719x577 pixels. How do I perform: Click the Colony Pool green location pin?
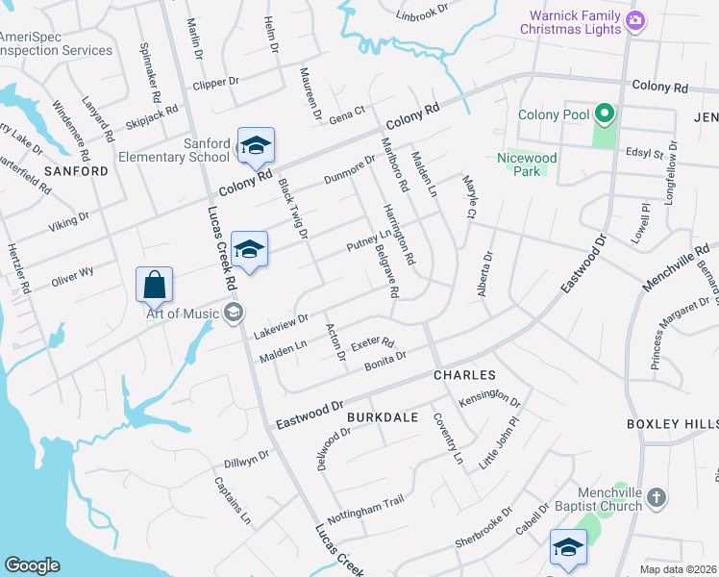click(605, 115)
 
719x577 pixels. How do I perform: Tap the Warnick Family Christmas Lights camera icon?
click(634, 20)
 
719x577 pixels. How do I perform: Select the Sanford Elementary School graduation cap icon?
click(257, 146)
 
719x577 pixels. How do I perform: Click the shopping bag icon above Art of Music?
click(154, 285)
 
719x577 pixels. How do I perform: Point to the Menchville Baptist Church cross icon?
click(657, 497)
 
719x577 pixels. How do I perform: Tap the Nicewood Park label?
click(527, 163)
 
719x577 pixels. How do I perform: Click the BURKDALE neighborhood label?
click(382, 417)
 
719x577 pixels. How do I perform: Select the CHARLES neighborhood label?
click(464, 375)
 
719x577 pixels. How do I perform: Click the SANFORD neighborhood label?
click(76, 171)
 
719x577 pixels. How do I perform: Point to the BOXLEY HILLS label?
click(672, 424)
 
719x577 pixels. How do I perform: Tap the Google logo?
click(32, 564)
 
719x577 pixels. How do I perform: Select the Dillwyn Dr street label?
click(245, 462)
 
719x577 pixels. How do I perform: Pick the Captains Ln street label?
click(232, 501)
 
